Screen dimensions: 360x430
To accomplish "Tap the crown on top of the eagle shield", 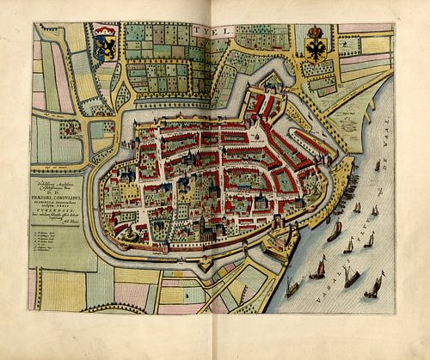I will click(x=316, y=31).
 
